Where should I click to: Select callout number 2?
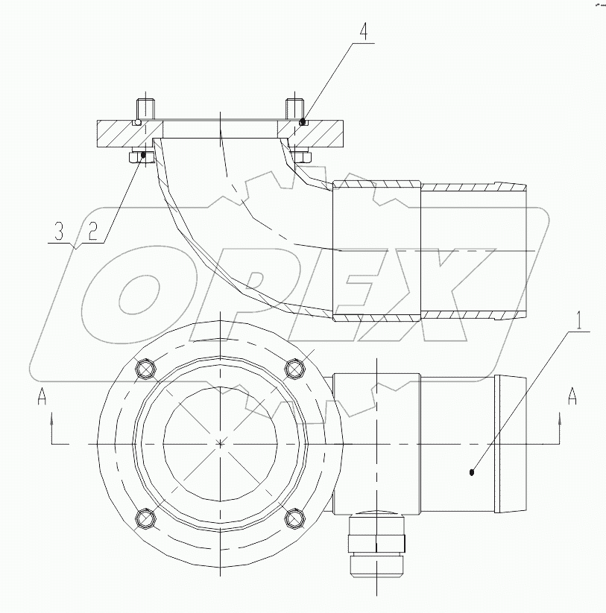click(x=92, y=232)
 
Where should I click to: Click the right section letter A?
click(x=572, y=396)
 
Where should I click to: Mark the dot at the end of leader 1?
click(x=473, y=470)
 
